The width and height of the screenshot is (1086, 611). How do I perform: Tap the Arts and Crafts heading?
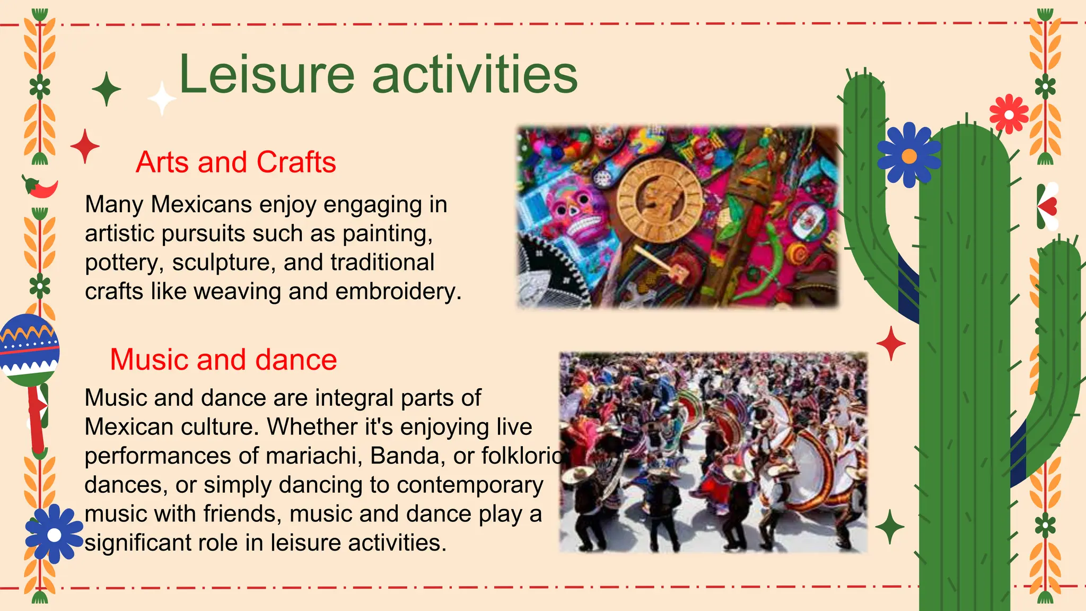click(x=235, y=162)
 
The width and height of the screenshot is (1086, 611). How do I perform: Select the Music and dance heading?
click(x=223, y=360)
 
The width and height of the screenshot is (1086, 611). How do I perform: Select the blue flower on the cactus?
click(x=909, y=155)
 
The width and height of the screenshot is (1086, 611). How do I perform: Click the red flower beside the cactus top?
click(x=1009, y=114)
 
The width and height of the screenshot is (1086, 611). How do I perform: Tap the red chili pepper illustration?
click(x=41, y=187)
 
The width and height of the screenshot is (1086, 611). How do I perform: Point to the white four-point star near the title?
click(x=162, y=99)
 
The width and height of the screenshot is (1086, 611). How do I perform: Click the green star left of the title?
click(x=107, y=89)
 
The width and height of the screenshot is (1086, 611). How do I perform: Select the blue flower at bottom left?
click(x=54, y=534)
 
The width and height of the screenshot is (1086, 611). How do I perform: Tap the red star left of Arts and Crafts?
click(x=85, y=146)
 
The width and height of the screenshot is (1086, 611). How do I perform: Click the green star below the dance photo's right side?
click(x=889, y=527)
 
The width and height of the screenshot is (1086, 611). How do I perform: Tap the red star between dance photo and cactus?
click(x=891, y=344)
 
